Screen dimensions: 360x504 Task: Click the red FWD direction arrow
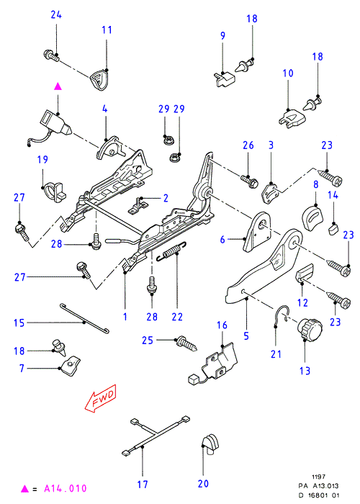coord(101,398)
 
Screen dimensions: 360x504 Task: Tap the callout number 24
coord(56,15)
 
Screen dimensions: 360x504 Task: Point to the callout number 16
coord(222,325)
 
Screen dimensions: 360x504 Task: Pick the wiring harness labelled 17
coord(156,435)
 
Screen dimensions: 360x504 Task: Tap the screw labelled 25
coord(186,344)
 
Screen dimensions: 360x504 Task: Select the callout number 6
coord(222,240)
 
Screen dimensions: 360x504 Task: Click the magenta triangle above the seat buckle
coord(58,87)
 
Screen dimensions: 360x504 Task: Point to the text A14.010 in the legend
coord(66,489)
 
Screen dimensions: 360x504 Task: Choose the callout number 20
coord(203,484)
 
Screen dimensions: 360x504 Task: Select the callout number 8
coord(315,184)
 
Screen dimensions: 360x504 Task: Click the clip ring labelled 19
coord(53,192)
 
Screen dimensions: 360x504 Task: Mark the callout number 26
coord(248,145)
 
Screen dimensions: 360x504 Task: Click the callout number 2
coord(166,198)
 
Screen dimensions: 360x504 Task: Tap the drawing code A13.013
coord(326,486)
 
